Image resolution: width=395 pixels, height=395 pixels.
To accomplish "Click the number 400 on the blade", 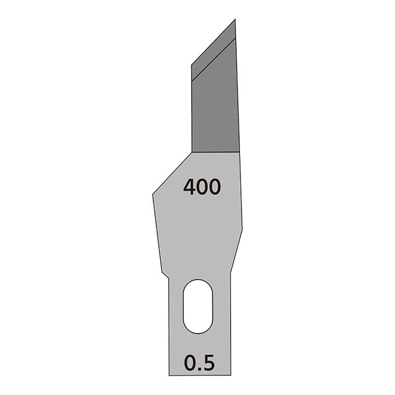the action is coord(202,187).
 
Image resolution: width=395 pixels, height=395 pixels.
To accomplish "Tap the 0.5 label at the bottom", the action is coord(199,362).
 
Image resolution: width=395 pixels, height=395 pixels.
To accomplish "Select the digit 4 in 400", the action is coord(189,187).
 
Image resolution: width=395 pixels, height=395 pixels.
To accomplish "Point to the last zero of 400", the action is coord(215,187).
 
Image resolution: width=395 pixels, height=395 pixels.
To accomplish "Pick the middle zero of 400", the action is coord(202,187).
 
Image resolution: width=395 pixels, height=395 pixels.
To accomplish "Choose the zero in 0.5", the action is coord(190,362).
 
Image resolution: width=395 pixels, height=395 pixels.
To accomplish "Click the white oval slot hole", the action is coord(198,306).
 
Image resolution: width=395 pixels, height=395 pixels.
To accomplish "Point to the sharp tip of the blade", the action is coord(235,19).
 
